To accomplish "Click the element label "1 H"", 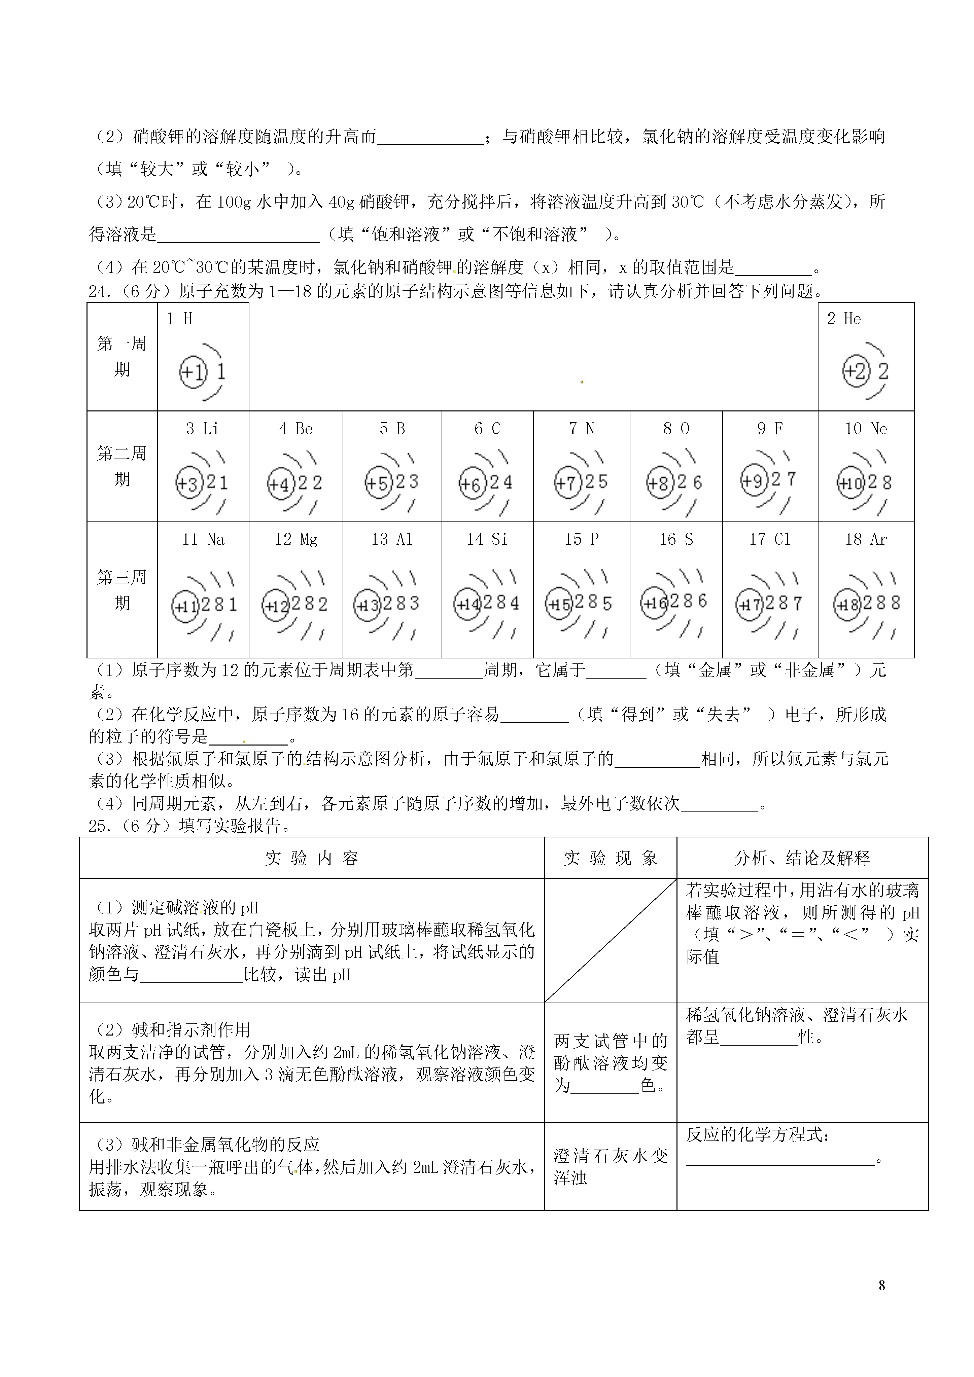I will (179, 319).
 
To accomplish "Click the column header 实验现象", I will (610, 858).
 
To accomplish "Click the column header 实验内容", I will (311, 858).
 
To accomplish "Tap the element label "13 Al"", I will (391, 540).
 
